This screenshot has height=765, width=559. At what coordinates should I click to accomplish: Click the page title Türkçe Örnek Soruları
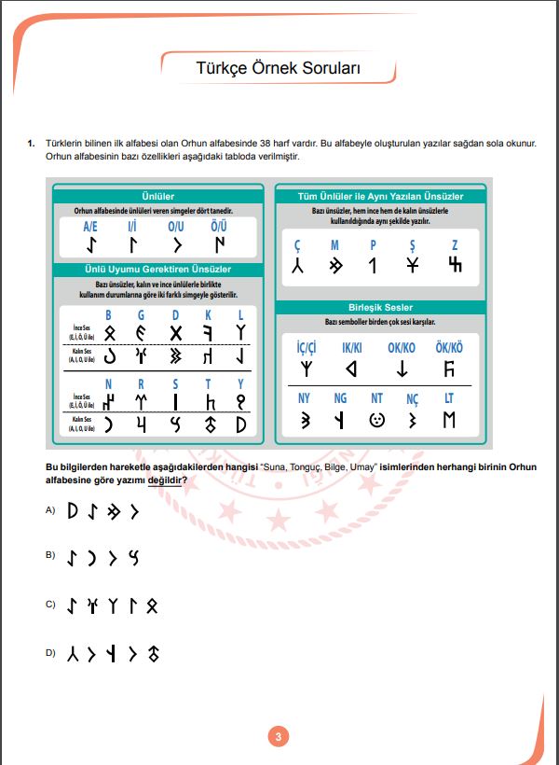coord(278,68)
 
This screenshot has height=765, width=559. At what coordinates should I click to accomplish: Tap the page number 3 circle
coord(278,737)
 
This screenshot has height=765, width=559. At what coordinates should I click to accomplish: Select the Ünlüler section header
coord(158,197)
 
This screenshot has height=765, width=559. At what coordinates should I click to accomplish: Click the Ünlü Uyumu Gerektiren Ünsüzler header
coord(158,270)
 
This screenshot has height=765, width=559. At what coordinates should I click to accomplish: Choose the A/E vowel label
coord(90,227)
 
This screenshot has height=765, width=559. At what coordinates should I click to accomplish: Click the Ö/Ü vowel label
coord(219,227)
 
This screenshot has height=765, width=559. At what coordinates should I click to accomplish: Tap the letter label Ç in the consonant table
coord(298,244)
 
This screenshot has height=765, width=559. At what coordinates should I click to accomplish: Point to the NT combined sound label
coord(376,398)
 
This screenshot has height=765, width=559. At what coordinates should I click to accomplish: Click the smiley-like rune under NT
coord(376,420)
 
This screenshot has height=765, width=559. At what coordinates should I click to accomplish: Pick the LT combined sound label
coord(450,398)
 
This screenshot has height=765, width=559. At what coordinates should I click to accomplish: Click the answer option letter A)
coord(50,510)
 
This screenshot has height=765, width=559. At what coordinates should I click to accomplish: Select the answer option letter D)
coord(50,654)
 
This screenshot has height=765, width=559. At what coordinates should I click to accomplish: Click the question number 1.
coord(31,143)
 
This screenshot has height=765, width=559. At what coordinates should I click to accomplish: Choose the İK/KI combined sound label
coord(352,347)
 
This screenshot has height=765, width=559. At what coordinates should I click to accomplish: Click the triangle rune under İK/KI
coord(351,369)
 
